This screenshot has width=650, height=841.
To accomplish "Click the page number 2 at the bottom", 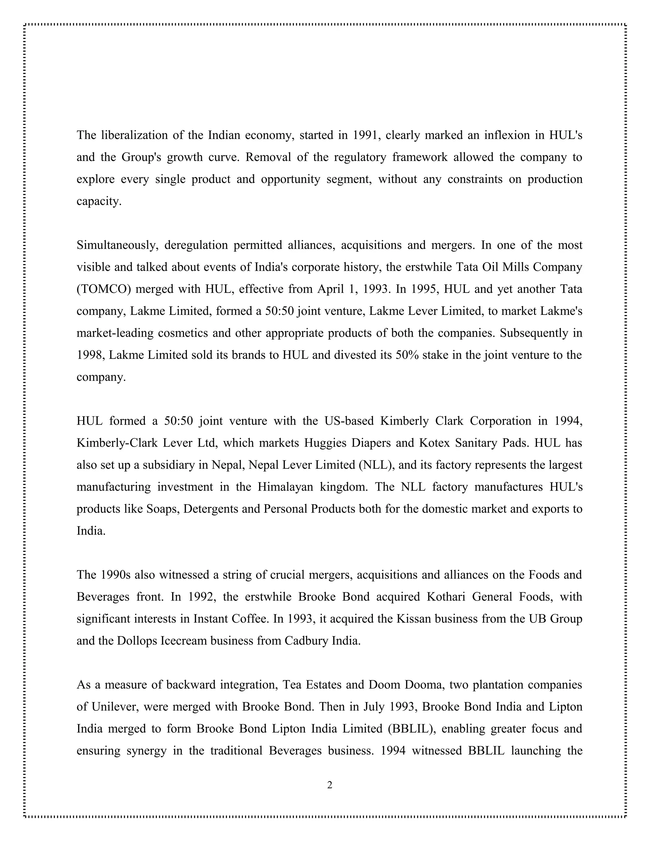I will point(330,785).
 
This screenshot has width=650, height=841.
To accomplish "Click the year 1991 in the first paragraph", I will point(366,135).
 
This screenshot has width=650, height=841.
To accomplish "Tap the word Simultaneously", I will point(117,245).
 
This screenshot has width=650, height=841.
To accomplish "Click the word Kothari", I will point(446,597).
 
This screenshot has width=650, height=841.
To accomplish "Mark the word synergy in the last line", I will point(147,751).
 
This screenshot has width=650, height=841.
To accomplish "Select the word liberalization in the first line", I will point(134,135).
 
